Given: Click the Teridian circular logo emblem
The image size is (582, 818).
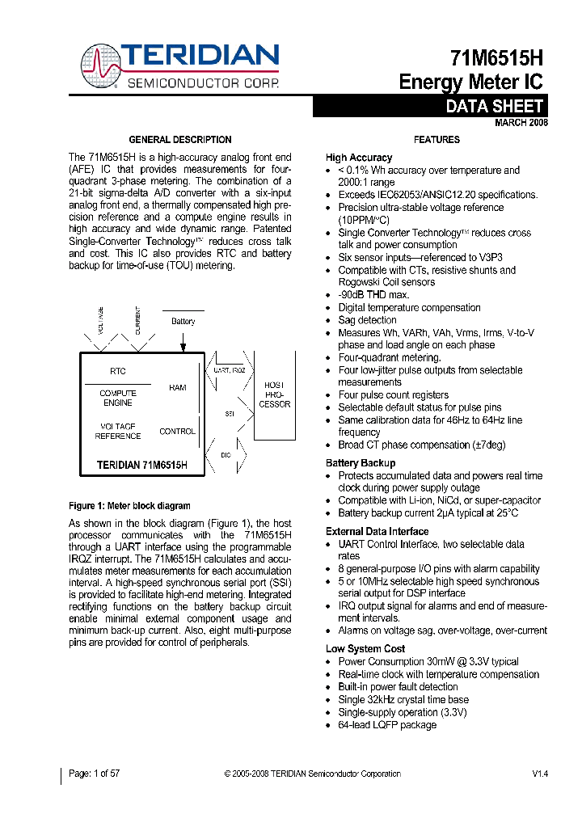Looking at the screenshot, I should point(101,65).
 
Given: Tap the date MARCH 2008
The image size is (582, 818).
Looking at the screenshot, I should point(521,123).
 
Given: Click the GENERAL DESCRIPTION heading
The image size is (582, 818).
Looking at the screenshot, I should point(180,140).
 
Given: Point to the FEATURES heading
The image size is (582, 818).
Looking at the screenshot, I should point(436,140).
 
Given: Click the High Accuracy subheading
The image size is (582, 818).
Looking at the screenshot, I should point(359,158).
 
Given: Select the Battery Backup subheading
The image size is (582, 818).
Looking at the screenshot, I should point(361,463).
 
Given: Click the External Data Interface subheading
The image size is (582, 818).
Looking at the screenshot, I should point(377,531).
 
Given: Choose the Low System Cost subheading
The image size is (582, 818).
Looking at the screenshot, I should point(365,648).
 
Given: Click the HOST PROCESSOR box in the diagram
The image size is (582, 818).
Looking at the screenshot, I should point(274,395).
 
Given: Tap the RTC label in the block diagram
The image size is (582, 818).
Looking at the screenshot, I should point(118,372).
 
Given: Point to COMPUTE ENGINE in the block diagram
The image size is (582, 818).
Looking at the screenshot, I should point(118,398).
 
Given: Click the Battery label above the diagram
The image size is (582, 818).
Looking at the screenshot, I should point(183,321).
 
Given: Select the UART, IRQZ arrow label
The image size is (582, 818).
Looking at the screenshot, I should point(229,369).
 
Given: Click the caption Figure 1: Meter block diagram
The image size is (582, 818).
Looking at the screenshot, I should point(129,506).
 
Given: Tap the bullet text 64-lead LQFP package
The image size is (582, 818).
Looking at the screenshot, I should point(386,725).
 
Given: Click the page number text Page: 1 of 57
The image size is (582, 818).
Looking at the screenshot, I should point(95,774).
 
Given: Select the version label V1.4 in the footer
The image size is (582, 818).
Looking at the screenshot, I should point(540,774).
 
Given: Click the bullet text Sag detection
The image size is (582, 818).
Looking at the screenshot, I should point(367,320).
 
